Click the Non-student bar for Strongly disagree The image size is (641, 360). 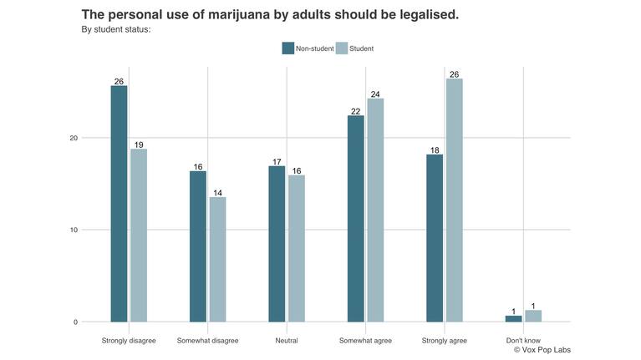(x=119, y=204)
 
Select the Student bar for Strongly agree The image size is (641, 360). (x=454, y=200)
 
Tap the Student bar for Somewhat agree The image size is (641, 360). (x=375, y=210)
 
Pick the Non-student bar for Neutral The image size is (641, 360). (x=277, y=244)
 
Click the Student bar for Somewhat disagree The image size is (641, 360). (x=217, y=259)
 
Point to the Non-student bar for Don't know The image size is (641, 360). (x=513, y=318)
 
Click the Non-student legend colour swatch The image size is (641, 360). (x=288, y=48)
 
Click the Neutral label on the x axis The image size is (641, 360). (x=286, y=341)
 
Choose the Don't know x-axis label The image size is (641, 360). (x=523, y=341)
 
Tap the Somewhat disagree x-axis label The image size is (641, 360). (x=207, y=341)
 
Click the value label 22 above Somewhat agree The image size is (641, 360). (x=355, y=111)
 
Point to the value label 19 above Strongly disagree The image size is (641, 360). (x=139, y=145)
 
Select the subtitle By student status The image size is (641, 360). (x=115, y=30)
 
